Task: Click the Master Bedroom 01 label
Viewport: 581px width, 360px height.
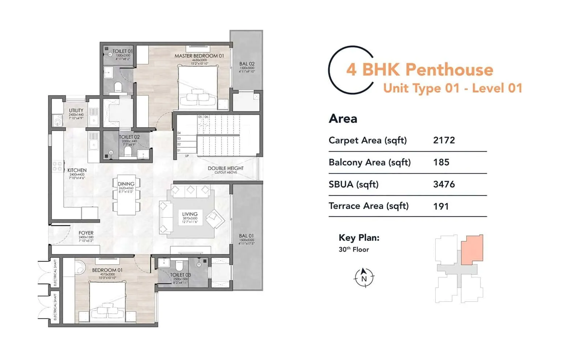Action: (x=199, y=56)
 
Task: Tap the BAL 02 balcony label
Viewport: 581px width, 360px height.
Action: (x=247, y=64)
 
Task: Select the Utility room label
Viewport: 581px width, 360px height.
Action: (x=76, y=110)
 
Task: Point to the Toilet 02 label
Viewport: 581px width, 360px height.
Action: (x=129, y=137)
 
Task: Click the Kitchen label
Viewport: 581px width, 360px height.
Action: (x=77, y=170)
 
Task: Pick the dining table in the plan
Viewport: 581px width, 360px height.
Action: (x=126, y=196)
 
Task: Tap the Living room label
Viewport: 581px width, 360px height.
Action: (x=190, y=214)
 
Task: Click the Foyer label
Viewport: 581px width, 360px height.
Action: (x=86, y=233)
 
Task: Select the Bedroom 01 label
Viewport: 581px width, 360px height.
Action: (x=107, y=270)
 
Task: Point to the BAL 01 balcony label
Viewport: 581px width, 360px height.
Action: (x=246, y=236)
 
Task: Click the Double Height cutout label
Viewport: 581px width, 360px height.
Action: (x=226, y=168)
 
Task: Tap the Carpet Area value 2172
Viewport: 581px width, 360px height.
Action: (x=444, y=140)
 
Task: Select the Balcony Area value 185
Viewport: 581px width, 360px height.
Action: (x=441, y=162)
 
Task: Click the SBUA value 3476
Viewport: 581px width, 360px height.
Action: (x=444, y=184)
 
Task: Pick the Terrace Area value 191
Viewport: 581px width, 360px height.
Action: (x=441, y=206)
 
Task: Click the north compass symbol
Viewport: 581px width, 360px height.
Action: (x=364, y=278)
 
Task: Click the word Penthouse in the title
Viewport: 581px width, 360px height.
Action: (x=449, y=70)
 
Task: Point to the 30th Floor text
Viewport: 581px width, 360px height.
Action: (x=354, y=249)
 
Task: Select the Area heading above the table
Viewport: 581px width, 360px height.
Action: (x=343, y=119)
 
